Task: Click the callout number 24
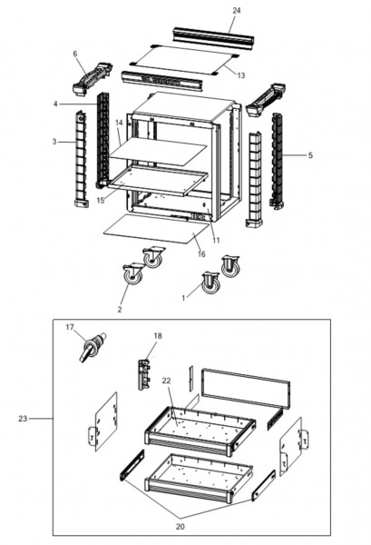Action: coord(237,10)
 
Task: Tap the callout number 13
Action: coord(241,75)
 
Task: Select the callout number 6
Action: coord(75,54)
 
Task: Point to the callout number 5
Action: coord(310,155)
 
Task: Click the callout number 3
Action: coord(54,142)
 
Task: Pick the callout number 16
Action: coord(201,254)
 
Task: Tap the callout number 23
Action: coord(23,419)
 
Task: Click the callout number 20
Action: coord(181,527)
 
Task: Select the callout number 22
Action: coord(167,381)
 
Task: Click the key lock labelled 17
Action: coord(92,347)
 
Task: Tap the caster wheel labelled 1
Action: coord(210,282)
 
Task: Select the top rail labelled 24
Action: coord(213,37)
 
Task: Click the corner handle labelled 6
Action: coord(93,78)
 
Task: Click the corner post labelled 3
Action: coord(81,159)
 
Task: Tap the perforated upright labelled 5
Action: coord(278,161)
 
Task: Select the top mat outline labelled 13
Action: coord(184,59)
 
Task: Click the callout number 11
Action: coord(216,240)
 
